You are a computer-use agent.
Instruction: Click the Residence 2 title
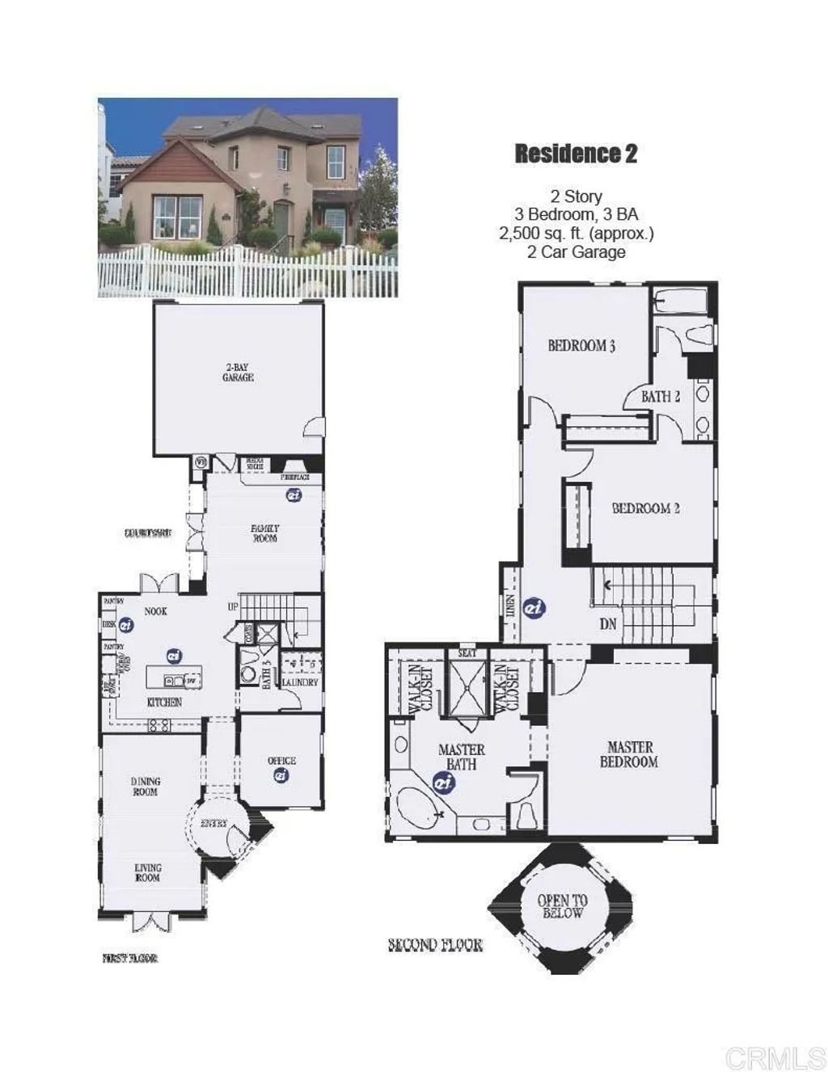point(576,154)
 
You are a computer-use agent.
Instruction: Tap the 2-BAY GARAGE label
point(238,373)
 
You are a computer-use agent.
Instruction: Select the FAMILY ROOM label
point(265,533)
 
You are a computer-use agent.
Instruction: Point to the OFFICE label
point(281,761)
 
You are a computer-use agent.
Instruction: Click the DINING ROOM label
point(146,787)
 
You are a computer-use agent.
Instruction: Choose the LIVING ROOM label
point(147,872)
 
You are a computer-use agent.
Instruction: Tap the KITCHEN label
point(164,703)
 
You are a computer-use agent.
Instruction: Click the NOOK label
point(156,612)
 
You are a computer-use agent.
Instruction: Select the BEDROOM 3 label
point(581,346)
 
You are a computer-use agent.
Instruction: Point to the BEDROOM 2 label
point(645,509)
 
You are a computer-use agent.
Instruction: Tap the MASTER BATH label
point(461,757)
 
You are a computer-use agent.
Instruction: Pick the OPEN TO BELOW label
point(563,907)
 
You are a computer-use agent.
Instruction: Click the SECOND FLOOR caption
point(435,945)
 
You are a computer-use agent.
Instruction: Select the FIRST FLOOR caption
point(129,958)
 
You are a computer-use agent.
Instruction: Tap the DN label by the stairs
point(608,625)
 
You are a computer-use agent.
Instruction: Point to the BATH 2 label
point(661,396)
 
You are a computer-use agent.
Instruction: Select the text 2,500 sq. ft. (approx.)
point(576,234)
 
